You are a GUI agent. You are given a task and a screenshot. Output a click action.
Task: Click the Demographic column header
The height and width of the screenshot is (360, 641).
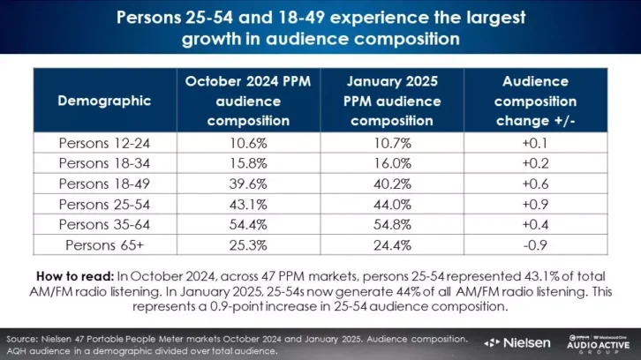pyautogui.click(x=104, y=101)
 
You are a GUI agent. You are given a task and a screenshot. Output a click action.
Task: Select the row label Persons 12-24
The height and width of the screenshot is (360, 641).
pyautogui.click(x=104, y=141)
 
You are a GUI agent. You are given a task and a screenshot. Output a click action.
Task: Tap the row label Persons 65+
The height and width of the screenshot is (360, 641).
pyautogui.click(x=104, y=241)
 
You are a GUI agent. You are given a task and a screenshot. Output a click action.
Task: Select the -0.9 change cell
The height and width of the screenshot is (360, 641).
pyautogui.click(x=535, y=241)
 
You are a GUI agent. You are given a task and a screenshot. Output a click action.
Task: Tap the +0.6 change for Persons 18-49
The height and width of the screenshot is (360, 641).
pyautogui.click(x=535, y=182)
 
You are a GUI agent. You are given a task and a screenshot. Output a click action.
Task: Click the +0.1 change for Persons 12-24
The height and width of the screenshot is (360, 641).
pyautogui.click(x=535, y=141)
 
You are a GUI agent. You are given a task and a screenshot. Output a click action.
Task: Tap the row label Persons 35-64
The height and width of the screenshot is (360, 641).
pyautogui.click(x=104, y=221)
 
